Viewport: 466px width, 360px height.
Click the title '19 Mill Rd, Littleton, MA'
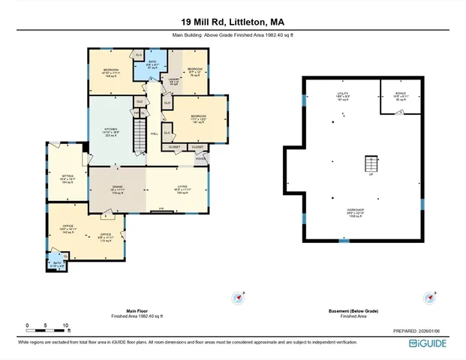point(233,22)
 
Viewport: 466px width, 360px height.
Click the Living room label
point(182,189)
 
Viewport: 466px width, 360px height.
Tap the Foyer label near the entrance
point(200,158)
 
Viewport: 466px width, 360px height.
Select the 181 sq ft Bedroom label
point(198,118)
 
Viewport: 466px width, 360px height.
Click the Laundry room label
point(173,80)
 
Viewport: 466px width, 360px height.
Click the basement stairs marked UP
point(369,164)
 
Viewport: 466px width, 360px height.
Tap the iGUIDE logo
point(429,343)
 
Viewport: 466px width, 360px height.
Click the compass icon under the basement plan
point(430,298)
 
